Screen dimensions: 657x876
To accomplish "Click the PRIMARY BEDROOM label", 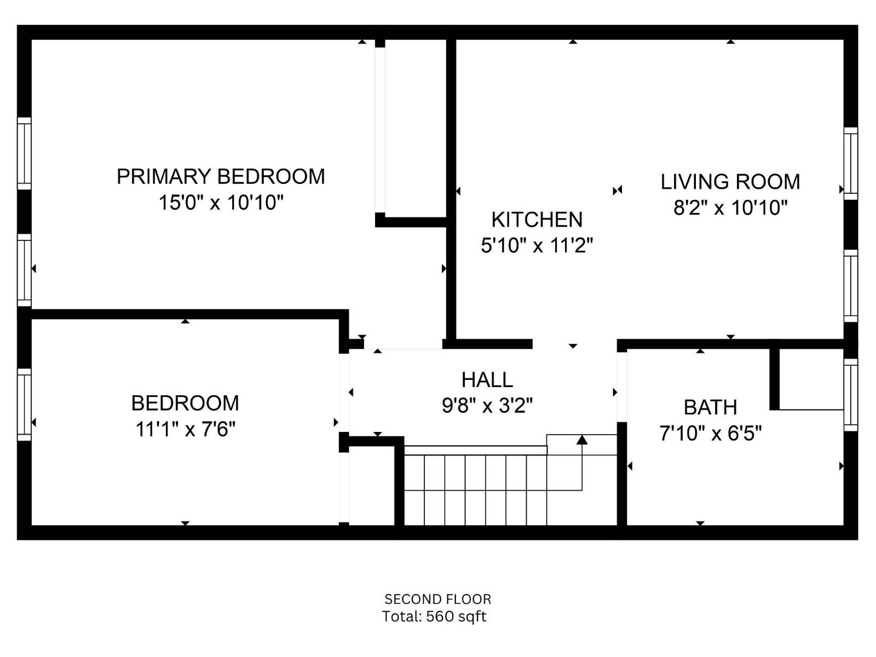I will (x=221, y=176).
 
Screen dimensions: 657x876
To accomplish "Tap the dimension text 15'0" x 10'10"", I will (x=221, y=203).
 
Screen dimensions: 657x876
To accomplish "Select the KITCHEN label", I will (x=537, y=220).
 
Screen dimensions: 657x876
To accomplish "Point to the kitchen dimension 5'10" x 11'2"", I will (x=537, y=245).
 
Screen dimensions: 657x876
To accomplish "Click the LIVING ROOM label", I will (x=730, y=182).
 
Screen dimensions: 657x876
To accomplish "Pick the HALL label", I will (x=487, y=379).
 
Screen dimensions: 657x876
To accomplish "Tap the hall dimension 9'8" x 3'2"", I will (x=487, y=406).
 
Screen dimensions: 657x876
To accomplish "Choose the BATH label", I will (x=710, y=407).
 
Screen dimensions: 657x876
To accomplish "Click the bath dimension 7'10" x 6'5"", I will (x=710, y=434).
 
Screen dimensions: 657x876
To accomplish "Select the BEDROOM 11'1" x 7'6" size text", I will (x=185, y=429).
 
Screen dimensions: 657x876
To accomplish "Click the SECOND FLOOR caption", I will (x=437, y=599).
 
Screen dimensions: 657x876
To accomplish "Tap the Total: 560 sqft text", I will (x=434, y=616).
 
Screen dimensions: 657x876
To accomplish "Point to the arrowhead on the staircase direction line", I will (x=581, y=439).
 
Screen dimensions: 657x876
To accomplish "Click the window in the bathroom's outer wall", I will (x=850, y=395).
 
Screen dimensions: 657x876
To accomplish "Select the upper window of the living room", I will (x=850, y=163).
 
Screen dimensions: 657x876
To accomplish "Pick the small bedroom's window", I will (x=24, y=404).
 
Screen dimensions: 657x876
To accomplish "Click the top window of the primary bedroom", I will (x=24, y=153).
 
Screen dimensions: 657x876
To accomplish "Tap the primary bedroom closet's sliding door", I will (x=380, y=129).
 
